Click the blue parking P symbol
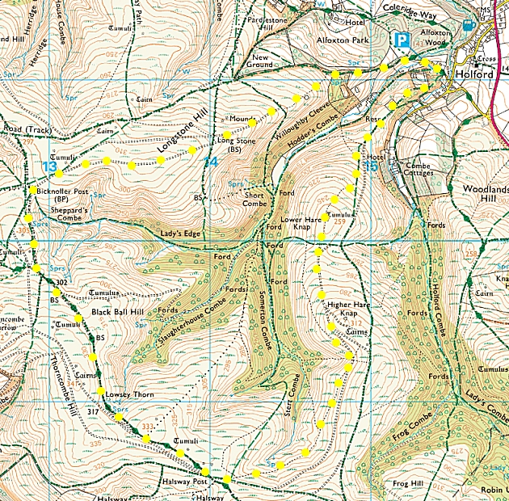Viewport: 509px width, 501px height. click(x=401, y=40)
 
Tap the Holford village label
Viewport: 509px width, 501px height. click(x=473, y=74)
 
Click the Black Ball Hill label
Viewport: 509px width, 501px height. click(x=118, y=311)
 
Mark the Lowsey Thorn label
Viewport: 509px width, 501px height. click(x=128, y=395)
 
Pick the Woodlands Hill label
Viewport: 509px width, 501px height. click(x=483, y=194)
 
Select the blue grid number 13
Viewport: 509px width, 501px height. click(x=50, y=166)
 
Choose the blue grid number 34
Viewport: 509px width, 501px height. click(x=210, y=162)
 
